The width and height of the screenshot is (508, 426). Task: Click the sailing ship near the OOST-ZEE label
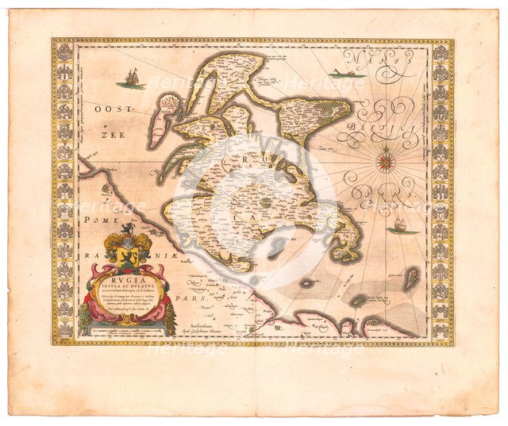130,79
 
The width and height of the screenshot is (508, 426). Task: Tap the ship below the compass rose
402,228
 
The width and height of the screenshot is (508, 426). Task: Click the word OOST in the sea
103,113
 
